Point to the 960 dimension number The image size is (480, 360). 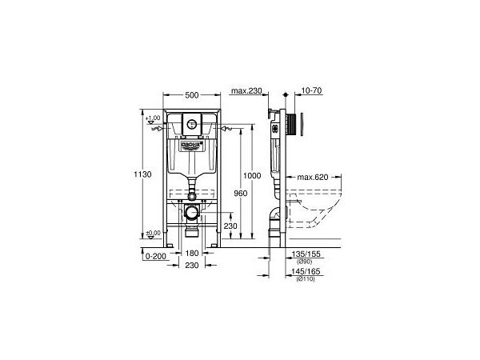pyautogui.click(x=230, y=193)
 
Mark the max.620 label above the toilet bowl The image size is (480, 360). pyautogui.click(x=314, y=177)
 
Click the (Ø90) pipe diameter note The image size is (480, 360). pyautogui.click(x=305, y=262)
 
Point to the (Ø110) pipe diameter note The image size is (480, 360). pyautogui.click(x=305, y=278)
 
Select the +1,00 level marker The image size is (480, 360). pyautogui.click(x=154, y=118)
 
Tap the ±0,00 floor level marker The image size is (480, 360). pyautogui.click(x=154, y=233)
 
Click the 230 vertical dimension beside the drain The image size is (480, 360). pyautogui.click(x=230, y=226)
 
